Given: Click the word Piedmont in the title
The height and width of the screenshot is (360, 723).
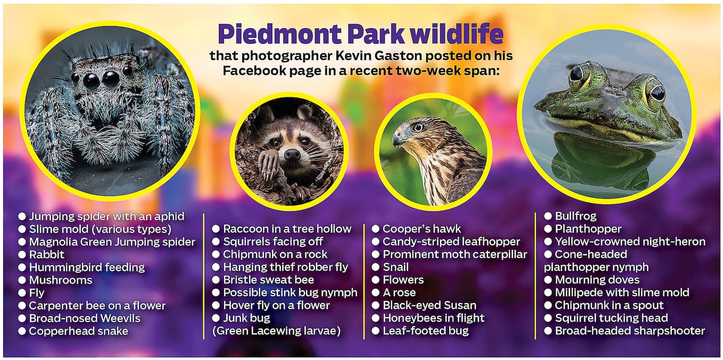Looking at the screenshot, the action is pyautogui.click(x=280, y=34).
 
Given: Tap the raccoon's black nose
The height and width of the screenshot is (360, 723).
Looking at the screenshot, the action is pyautogui.click(x=292, y=155).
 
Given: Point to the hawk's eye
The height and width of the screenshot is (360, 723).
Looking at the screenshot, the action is pyautogui.click(x=418, y=127).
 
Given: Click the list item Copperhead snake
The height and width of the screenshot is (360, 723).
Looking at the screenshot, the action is pyautogui.click(x=79, y=331).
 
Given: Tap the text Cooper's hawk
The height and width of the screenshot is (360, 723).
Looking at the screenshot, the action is pyautogui.click(x=422, y=229).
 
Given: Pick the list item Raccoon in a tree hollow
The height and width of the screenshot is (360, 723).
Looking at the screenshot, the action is pyautogui.click(x=287, y=229).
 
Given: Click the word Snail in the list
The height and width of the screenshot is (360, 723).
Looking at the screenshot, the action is pyautogui.click(x=396, y=267).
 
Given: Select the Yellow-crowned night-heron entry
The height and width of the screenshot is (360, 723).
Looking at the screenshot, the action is pyautogui.click(x=630, y=242).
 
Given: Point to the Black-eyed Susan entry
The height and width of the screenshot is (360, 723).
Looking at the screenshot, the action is pyautogui.click(x=430, y=305).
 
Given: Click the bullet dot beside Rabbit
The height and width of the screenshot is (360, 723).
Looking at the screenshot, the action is pyautogui.click(x=22, y=255).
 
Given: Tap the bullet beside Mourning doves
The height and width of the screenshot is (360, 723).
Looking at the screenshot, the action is pyautogui.click(x=548, y=280).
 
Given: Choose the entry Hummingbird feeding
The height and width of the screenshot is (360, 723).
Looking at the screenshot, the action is pyautogui.click(x=87, y=267).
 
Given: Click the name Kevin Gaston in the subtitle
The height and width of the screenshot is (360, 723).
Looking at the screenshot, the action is pyautogui.click(x=379, y=56).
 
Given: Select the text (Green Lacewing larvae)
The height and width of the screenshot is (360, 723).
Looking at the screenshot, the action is pyautogui.click(x=276, y=331).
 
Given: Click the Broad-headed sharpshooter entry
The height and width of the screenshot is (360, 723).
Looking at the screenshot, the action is pyautogui.click(x=630, y=331).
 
